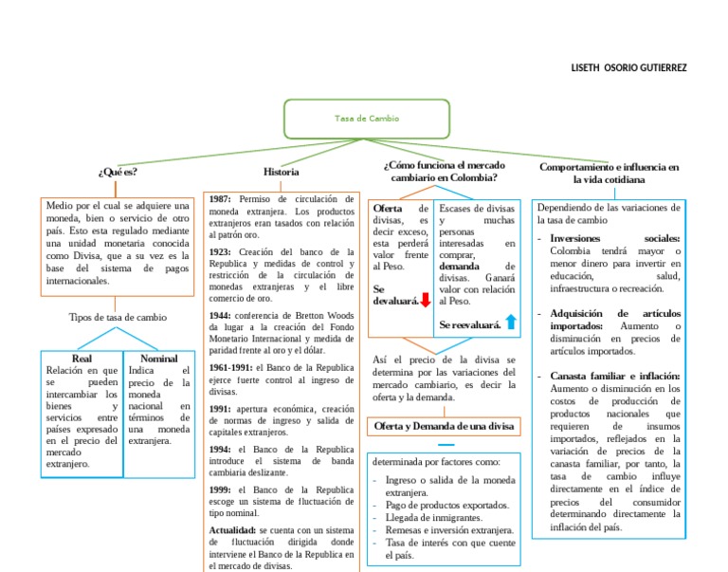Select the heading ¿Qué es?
[118, 172]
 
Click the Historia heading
[282, 172]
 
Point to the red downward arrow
[426, 301]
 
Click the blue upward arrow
[511, 323]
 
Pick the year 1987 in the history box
[220, 199]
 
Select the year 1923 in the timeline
[220, 251]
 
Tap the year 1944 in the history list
[220, 314]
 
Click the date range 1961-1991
[230, 366]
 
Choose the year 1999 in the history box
[220, 489]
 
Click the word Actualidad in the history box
[232, 529]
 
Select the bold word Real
[82, 359]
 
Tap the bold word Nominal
[158, 359]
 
